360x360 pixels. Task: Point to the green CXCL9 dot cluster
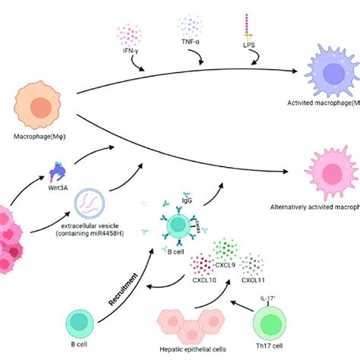225,250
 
